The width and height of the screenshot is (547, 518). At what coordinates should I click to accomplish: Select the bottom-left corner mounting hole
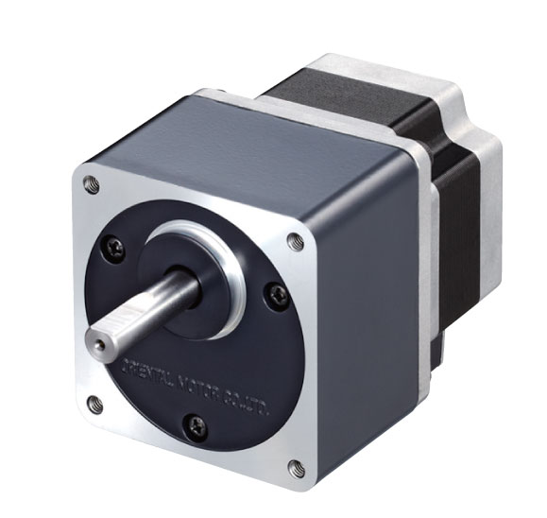pyautogui.click(x=93, y=405)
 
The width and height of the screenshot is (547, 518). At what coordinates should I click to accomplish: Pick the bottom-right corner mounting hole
pyautogui.click(x=295, y=466)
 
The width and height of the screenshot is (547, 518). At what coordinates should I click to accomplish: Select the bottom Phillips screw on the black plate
pyautogui.click(x=193, y=424)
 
